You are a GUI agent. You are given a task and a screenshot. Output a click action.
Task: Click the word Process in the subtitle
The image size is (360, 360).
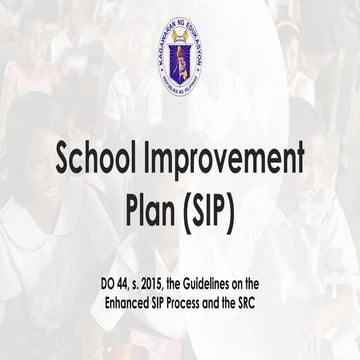coord(191,302)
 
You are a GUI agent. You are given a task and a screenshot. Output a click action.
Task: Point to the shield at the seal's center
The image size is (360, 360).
coord(180,58)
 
